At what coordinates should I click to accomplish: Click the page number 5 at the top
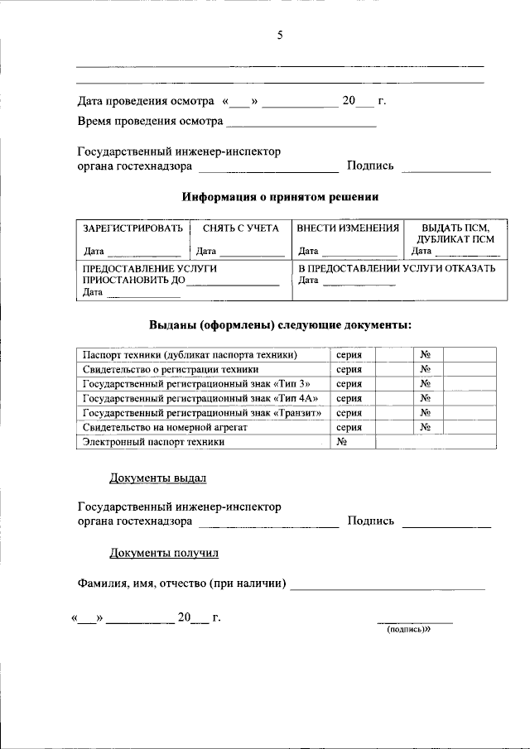[280, 35]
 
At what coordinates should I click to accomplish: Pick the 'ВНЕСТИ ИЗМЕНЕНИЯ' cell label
[348, 228]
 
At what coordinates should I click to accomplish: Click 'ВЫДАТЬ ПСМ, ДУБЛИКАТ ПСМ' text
[455, 233]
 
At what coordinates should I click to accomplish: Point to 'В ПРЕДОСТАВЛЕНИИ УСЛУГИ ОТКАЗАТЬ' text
[397, 269]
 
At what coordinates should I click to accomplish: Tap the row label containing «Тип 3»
[199, 383]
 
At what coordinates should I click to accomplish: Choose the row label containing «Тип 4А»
[202, 398]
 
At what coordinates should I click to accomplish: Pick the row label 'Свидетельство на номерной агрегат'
[166, 427]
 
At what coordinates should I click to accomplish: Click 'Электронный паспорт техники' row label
[154, 442]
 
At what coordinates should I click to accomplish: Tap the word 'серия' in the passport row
[349, 354]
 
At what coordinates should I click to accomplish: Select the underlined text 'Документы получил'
[164, 552]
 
